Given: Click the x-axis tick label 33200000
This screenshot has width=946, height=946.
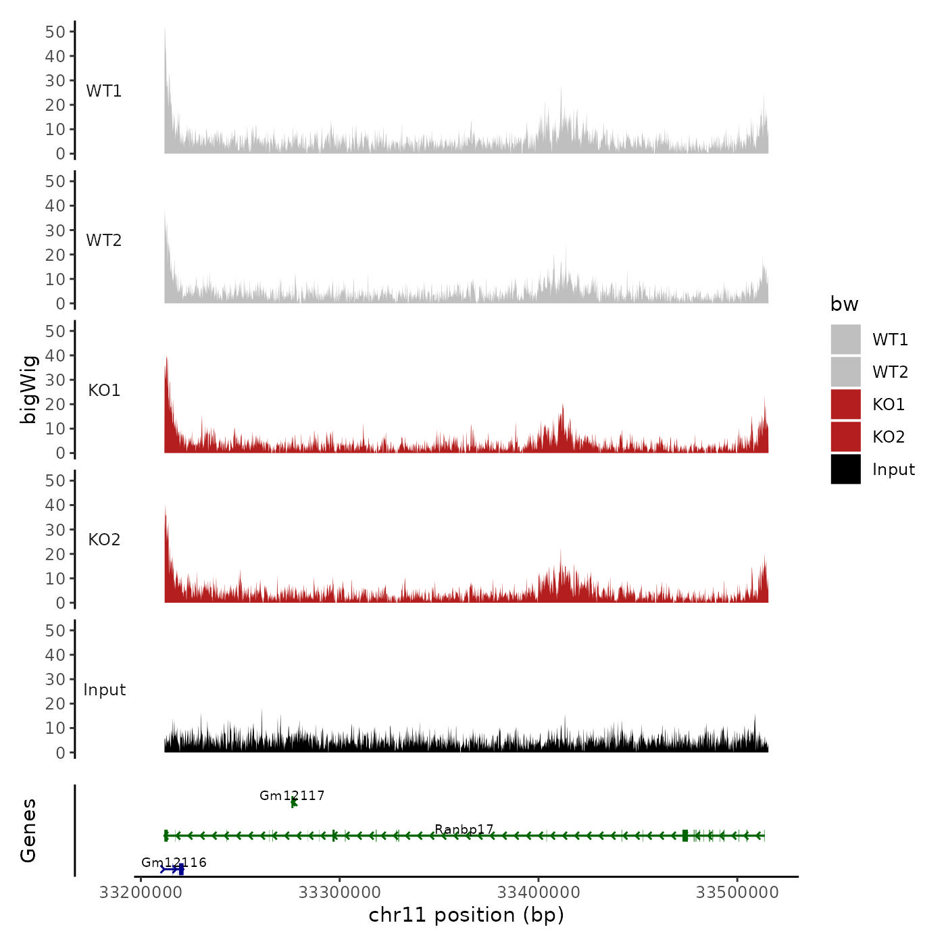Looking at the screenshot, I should coord(141,893).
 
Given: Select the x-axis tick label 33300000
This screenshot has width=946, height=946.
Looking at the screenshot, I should coord(340,893).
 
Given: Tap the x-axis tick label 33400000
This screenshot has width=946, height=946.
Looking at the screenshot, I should coord(539,893).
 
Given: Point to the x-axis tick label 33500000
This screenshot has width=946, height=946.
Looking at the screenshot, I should coord(737,893).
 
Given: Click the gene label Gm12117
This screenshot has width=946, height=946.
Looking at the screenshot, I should coord(292,795).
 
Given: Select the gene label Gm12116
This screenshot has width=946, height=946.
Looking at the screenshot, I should coord(174,862).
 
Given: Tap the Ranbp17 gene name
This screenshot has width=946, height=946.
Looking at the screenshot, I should coord(464,829).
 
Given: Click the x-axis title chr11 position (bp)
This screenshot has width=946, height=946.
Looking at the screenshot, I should coord(466,915).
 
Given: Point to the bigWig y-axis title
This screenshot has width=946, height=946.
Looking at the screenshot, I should coord(28,389).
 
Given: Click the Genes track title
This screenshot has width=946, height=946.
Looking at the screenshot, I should coord(28,830).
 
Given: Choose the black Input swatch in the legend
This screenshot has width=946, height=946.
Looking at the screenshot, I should coord(845,469).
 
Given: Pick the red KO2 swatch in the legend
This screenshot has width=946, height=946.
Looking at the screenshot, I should coord(845,437).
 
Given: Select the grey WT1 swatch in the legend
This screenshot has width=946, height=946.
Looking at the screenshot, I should coord(845,339).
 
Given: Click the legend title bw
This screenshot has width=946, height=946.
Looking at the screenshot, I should coord(844,304).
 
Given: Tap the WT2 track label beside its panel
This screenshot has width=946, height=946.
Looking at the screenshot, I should coord(104,241).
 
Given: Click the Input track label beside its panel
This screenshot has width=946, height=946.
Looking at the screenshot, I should coord(104,690).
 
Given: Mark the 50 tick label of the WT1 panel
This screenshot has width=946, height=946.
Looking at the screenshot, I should coord(55,32).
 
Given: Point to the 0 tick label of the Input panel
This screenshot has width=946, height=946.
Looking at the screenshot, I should coord(61,753).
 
